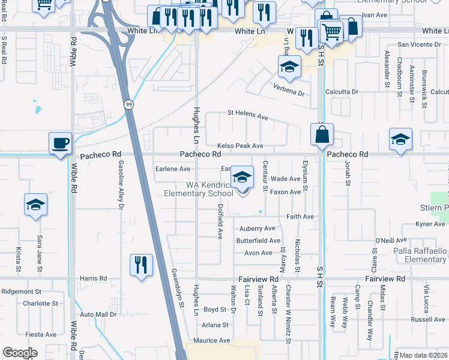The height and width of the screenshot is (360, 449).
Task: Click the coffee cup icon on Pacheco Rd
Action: tap(60, 144)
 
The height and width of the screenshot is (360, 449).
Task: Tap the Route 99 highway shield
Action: tap(128, 104)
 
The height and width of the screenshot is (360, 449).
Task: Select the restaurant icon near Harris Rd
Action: tap(141, 265)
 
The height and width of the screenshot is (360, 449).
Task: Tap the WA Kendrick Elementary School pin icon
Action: tap(242, 178)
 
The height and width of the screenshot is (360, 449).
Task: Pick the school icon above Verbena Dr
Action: tap(289, 67)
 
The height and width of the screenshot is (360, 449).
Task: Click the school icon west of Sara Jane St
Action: tap(35, 205)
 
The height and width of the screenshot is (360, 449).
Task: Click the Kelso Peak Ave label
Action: tap(240, 146)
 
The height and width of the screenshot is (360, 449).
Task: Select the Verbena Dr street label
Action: tap(290, 94)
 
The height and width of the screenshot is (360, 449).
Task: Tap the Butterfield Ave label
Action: tap(258, 241)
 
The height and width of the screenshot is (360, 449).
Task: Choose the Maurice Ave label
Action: tap(208, 340)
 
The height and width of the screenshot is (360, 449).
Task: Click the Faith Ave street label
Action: tap(300, 217)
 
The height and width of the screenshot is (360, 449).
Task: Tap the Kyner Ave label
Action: tap(430, 224)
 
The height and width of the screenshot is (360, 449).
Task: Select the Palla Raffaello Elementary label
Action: tap(420, 255)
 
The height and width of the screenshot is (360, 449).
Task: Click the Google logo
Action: tap(20, 353)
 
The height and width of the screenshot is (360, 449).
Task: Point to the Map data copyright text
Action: tap(423, 355)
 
